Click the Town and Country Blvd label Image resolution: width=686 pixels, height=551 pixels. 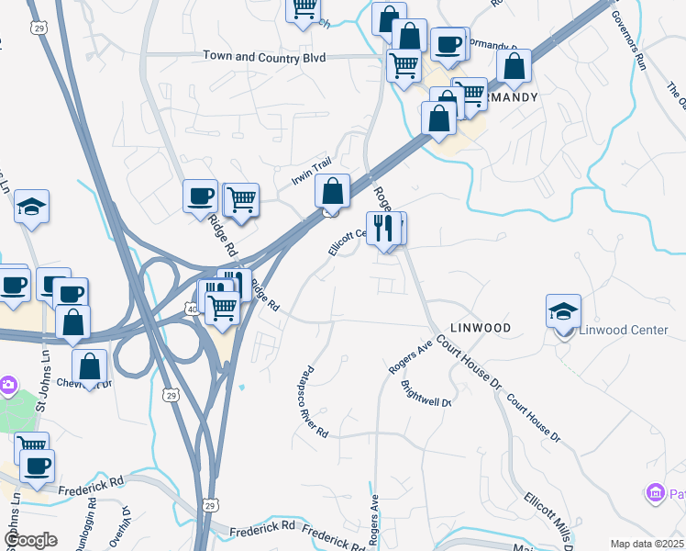pyautogui.click(x=264, y=57)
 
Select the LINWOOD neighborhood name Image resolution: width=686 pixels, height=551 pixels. pyautogui.click(x=479, y=327)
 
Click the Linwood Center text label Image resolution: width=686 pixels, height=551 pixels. pyautogui.click(x=624, y=330)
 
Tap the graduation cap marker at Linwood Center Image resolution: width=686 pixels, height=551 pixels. pyautogui.click(x=563, y=311)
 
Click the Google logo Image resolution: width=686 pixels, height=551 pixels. pyautogui.click(x=30, y=539)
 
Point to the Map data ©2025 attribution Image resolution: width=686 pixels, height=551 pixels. pyautogui.click(x=647, y=544)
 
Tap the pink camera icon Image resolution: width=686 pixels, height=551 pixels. pyautogui.click(x=7, y=384)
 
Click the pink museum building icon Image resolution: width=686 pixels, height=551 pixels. pyautogui.click(x=655, y=495)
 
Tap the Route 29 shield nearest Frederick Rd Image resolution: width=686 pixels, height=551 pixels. pyautogui.click(x=210, y=506)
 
